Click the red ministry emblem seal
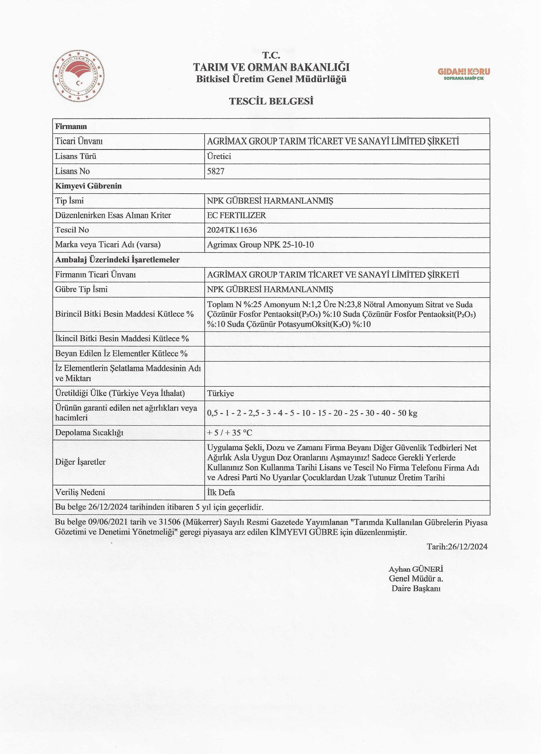79,76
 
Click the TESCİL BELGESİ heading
271,101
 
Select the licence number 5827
216,171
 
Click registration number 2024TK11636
232,230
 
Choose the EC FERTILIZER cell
236,215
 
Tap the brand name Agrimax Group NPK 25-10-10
260,245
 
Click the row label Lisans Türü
76,156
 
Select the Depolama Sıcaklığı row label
89,433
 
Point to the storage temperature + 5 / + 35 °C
230,433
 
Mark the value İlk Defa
221,492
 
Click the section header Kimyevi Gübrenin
89,186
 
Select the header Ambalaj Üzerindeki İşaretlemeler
117,260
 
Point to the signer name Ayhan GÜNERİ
416,569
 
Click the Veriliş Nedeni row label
80,492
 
